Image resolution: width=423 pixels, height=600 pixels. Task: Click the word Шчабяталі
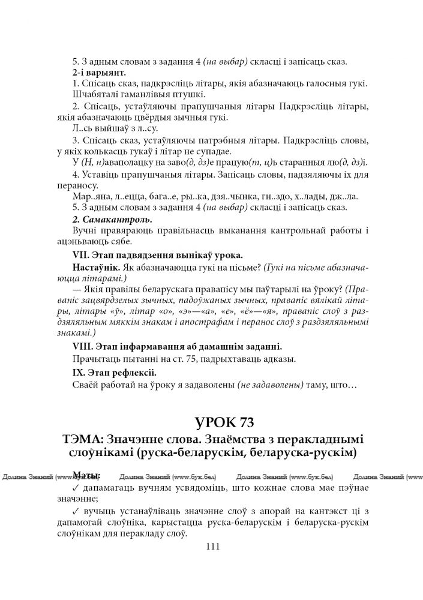[97, 94]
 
